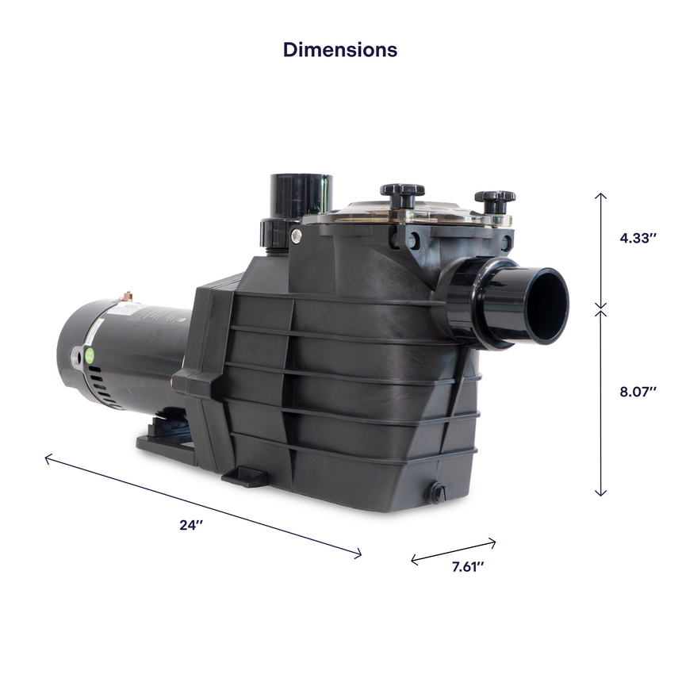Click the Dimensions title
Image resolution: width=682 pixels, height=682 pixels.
coord(340,50)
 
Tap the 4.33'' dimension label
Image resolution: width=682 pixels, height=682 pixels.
coord(638,238)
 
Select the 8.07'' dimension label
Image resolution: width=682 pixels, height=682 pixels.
coord(638,392)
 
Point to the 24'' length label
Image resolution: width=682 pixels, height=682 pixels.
coord(191,525)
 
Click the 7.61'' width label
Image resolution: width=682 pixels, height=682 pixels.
coord(468,567)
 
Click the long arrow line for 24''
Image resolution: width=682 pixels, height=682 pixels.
coord(203,506)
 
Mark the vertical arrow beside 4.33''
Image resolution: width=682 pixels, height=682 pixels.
coord(600,251)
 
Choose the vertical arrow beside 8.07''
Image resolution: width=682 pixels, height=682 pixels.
coord(600,403)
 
